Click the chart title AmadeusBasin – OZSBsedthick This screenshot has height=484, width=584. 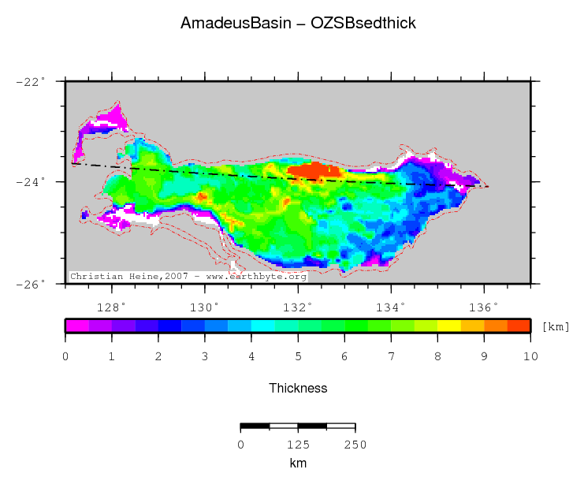click(298, 24)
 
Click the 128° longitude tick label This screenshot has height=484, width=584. click(111, 307)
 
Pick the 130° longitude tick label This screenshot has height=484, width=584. click(204, 307)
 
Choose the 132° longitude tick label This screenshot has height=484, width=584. click(297, 307)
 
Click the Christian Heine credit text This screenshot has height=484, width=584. click(188, 277)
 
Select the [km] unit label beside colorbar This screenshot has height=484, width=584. click(556, 326)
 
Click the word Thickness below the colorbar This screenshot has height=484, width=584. click(298, 388)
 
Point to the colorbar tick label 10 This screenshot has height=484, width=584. click(530, 357)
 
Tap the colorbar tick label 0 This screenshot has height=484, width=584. click(65, 357)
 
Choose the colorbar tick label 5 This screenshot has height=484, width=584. click(298, 357)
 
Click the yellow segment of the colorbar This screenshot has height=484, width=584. click(449, 325)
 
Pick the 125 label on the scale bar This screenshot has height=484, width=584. click(297, 445)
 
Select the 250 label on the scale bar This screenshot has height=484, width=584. click(355, 445)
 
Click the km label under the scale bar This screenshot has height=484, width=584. click(297, 464)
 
